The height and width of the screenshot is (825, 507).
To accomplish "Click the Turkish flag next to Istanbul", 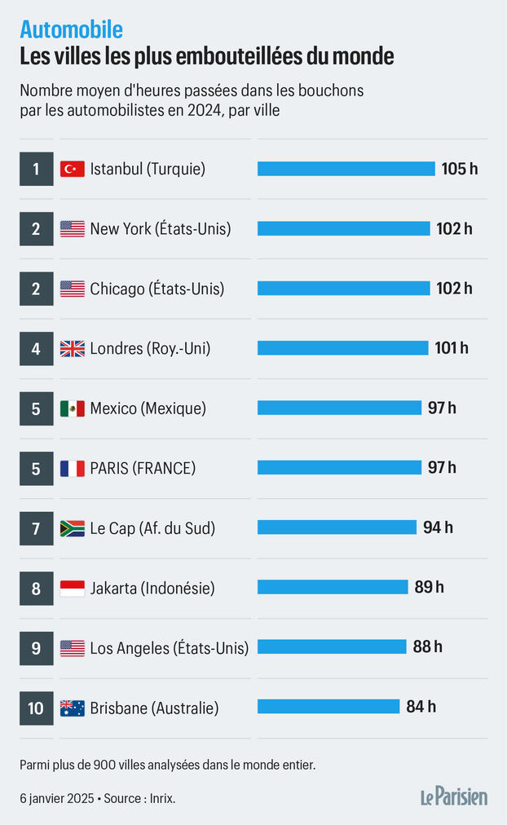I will coord(73,169).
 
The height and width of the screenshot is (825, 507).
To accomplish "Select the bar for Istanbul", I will coord(346,169).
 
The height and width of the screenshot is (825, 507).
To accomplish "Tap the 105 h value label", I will coord(460,169).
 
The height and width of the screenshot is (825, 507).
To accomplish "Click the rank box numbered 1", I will coord(36,169).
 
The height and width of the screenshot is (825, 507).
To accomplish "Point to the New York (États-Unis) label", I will coord(161,229).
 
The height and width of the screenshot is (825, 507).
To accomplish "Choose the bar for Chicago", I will coord(343,289).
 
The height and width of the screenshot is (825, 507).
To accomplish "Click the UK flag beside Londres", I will coord(73,348).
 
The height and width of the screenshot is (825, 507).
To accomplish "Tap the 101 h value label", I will coord(452,348).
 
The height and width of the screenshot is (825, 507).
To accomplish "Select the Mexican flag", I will coord(73,408).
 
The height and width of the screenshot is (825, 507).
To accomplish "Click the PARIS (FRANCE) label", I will coord(143,469).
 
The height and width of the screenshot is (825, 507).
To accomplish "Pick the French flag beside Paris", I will coord(73,469).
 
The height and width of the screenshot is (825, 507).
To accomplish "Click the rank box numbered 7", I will coord(36,528).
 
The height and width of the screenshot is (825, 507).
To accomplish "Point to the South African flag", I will coord(73,528).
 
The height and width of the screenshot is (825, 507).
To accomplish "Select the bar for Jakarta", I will coord(333,587).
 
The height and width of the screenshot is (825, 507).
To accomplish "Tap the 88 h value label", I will coord(428,646).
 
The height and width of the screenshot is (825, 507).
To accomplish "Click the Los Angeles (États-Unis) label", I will coord(170,648).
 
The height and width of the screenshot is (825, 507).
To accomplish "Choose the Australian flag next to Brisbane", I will coord(73,708).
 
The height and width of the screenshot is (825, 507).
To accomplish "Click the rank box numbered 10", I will coord(36,708).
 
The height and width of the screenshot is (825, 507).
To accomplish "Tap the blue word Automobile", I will coord(72,30).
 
